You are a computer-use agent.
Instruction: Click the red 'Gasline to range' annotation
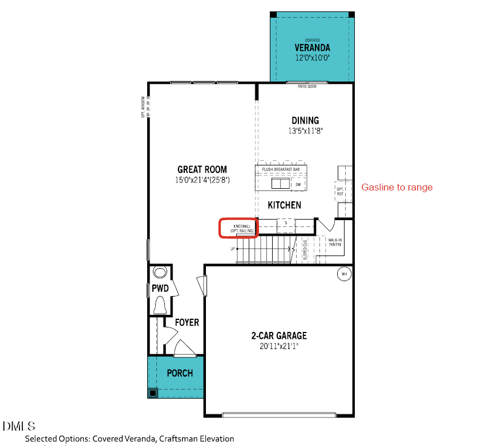[397, 187]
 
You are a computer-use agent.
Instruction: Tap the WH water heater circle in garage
[344, 274]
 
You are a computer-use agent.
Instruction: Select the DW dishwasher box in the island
[298, 184]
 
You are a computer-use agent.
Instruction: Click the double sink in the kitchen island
[280, 184]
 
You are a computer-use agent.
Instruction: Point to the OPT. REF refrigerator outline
[341, 191]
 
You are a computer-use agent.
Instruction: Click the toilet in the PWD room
[160, 305]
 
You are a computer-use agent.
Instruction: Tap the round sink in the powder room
[159, 272]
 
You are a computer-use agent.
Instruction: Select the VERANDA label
[312, 47]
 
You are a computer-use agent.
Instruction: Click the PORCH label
[179, 373]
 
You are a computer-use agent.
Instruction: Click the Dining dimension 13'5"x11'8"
[305, 131]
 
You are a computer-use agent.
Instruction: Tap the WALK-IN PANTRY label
[335, 243]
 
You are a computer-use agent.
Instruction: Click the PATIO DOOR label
[307, 87]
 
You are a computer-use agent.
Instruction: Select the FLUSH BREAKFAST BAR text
[281, 169]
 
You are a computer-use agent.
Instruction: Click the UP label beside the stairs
[233, 249]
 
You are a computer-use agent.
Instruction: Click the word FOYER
[187, 322]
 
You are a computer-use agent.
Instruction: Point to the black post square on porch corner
[153, 392]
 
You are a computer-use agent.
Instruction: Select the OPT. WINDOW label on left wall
[143, 107]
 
